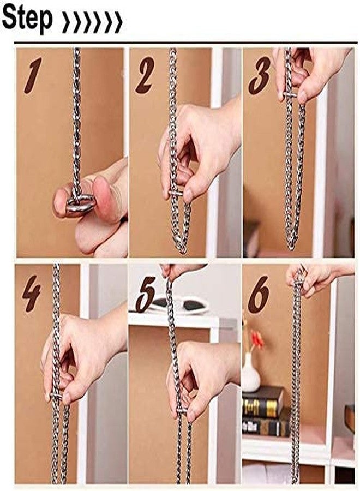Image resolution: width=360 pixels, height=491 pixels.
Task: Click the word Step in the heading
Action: [x=27, y=19]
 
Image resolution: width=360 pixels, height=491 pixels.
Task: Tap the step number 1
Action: [x=33, y=75]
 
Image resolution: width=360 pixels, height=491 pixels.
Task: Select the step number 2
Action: [x=145, y=75]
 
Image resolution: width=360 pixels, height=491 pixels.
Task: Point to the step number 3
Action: [x=259, y=75]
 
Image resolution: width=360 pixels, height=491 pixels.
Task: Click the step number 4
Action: [x=31, y=294]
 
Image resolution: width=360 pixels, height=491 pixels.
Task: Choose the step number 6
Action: [x=259, y=295]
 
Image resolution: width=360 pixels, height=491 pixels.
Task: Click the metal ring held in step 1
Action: [x=80, y=203]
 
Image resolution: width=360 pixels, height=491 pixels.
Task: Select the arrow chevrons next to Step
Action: [x=92, y=22]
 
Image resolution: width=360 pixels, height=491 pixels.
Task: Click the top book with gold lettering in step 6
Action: [x=262, y=403]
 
